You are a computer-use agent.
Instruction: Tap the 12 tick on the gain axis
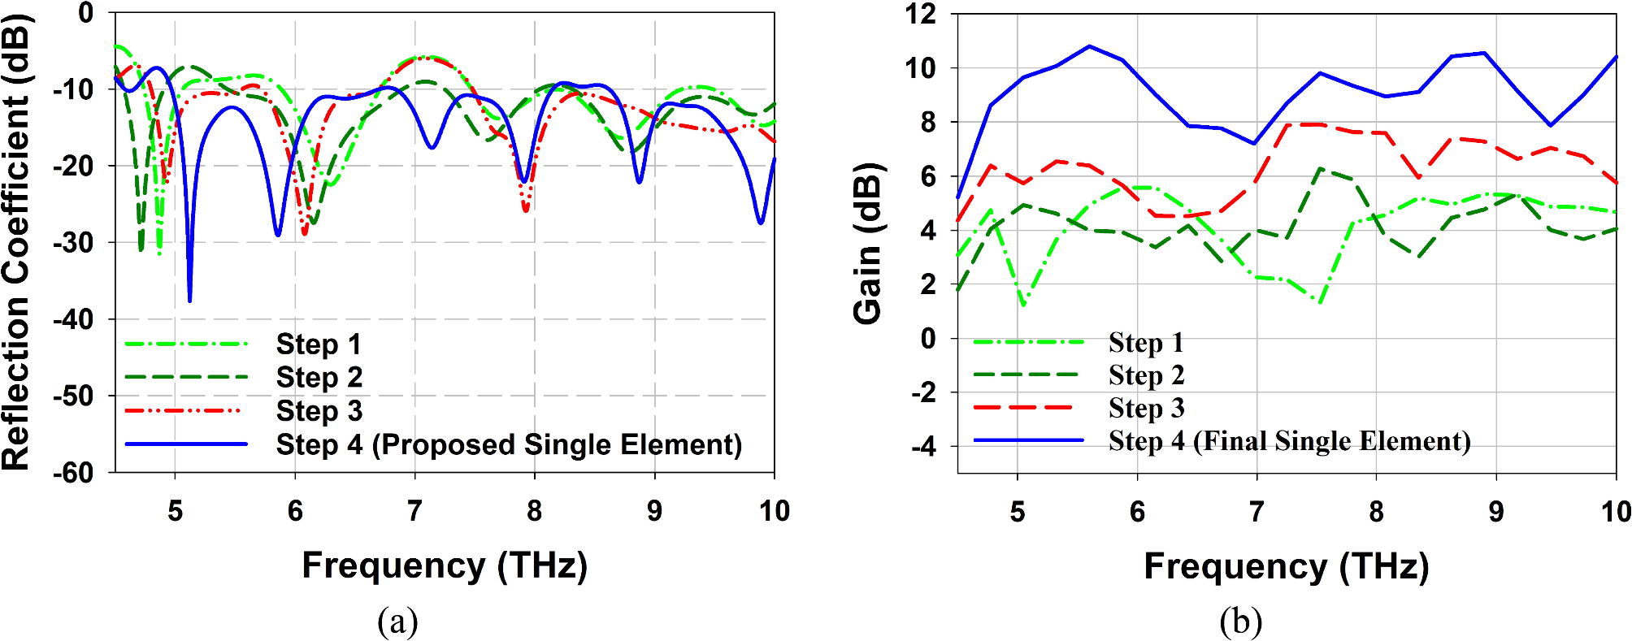(x=921, y=14)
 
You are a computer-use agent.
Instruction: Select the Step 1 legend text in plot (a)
(x=318, y=344)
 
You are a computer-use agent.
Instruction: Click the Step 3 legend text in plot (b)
(x=1146, y=408)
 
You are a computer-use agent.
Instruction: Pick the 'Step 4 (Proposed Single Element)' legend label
(x=509, y=444)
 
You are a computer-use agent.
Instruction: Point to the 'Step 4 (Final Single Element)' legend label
(x=1289, y=441)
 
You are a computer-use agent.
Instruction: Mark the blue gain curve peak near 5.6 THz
(x=1090, y=46)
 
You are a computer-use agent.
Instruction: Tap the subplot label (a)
(x=397, y=622)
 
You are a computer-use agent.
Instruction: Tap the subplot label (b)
(x=1240, y=622)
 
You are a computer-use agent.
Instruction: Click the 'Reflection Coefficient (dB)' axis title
(x=16, y=242)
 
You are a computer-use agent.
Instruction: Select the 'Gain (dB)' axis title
(x=868, y=244)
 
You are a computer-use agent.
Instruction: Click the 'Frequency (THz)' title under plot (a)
(x=445, y=565)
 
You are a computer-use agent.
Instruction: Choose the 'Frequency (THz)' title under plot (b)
(x=1286, y=566)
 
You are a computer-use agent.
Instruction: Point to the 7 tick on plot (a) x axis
(x=415, y=511)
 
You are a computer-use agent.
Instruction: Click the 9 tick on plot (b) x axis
(x=1495, y=512)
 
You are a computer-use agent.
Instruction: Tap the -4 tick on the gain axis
(x=923, y=446)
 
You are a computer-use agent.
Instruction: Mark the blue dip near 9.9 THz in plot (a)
(x=761, y=223)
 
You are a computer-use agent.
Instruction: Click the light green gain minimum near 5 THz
(x=1022, y=305)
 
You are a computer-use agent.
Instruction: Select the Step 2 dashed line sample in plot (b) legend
(x=1027, y=375)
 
